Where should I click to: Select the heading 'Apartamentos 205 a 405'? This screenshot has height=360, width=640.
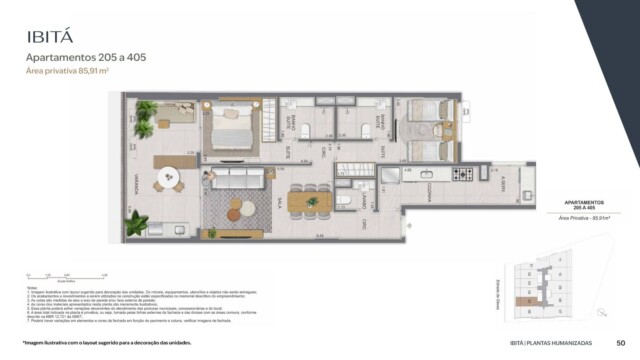(x=84, y=58)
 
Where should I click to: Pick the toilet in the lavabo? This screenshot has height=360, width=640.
(x=343, y=200)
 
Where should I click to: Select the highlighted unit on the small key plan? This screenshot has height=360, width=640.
(x=519, y=300)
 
